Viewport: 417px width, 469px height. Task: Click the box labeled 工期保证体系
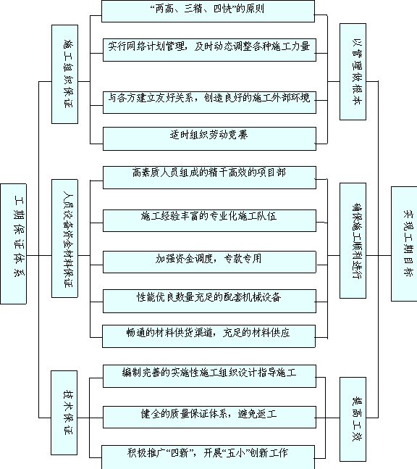(x=14, y=244)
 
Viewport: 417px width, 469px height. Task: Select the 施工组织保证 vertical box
(x=65, y=74)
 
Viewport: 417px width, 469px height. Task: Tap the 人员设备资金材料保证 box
(x=65, y=238)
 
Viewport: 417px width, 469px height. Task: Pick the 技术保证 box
(x=64, y=412)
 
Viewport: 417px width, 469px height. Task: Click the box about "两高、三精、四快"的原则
(x=208, y=11)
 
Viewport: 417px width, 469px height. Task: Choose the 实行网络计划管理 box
(x=209, y=50)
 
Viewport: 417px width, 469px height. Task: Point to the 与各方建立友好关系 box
(x=209, y=102)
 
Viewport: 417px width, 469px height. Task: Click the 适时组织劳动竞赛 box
(x=209, y=138)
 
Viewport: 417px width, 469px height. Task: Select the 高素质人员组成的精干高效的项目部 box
(x=209, y=178)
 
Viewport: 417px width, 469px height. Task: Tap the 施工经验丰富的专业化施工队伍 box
(x=209, y=221)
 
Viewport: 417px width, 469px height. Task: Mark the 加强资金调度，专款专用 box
(x=209, y=262)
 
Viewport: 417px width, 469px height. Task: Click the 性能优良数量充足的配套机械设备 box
(x=209, y=302)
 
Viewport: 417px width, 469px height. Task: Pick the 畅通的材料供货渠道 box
(x=208, y=336)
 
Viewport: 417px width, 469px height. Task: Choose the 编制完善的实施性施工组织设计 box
(x=209, y=376)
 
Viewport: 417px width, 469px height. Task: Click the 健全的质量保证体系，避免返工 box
(x=209, y=417)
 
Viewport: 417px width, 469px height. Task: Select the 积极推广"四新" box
(x=208, y=457)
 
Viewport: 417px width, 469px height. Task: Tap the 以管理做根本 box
(x=353, y=72)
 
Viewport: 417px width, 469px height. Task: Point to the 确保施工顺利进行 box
(x=353, y=241)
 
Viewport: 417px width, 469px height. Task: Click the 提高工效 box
(x=353, y=419)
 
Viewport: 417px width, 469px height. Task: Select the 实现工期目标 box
(x=404, y=244)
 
